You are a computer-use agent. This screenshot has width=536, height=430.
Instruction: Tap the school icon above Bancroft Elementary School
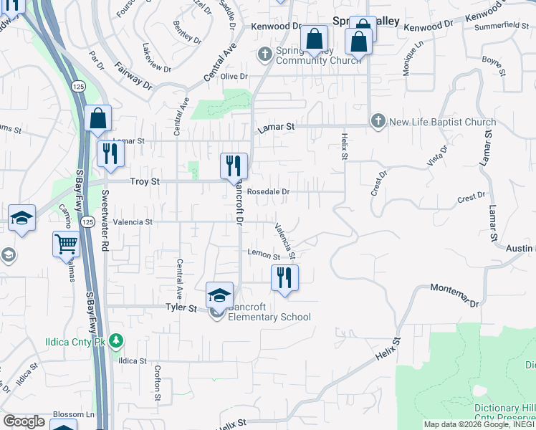point(220,295)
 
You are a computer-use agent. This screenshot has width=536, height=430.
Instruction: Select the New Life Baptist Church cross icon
point(378,122)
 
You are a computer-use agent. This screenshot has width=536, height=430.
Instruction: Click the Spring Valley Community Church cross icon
point(265,52)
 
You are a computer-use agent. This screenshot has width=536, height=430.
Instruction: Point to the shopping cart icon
point(65,244)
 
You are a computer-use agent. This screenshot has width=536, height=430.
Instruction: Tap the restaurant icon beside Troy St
point(234,166)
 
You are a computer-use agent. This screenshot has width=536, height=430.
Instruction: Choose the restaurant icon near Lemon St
point(284,277)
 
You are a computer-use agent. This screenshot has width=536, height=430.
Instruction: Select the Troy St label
point(144,182)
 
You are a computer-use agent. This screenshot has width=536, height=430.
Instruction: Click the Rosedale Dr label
point(267,192)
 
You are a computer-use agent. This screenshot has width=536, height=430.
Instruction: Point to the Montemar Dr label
point(454,295)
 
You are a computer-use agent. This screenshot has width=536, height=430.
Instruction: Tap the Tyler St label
point(181,307)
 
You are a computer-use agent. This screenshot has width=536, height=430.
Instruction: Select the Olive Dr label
point(234,76)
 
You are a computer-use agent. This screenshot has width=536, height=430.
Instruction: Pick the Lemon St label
point(263,254)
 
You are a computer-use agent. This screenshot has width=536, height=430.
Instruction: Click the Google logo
point(24,421)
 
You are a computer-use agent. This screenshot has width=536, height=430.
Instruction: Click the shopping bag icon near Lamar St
point(97,118)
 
